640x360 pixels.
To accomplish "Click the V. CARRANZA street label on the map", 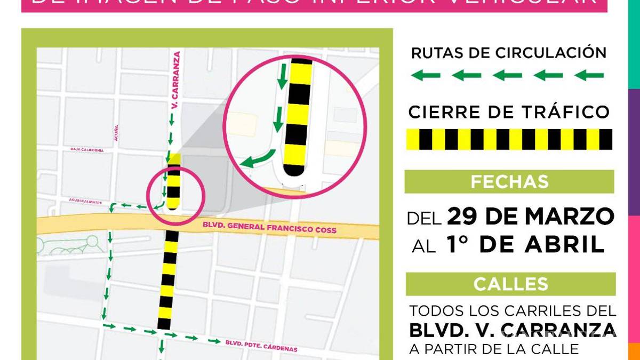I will (175, 81).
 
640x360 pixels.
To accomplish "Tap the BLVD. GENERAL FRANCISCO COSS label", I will (269, 228).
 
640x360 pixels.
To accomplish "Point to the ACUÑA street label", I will (116, 133).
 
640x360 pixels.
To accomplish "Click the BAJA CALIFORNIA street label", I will (87, 150).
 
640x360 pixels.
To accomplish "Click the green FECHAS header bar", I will (509, 182).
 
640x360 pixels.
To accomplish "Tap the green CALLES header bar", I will (510, 284).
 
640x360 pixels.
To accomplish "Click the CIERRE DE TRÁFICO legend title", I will (509, 112).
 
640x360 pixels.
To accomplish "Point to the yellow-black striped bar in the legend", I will (509, 139).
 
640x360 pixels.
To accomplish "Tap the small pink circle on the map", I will (176, 195).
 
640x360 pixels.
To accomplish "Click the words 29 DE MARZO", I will (531, 217).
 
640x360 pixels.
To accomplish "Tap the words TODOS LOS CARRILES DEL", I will (513, 311).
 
